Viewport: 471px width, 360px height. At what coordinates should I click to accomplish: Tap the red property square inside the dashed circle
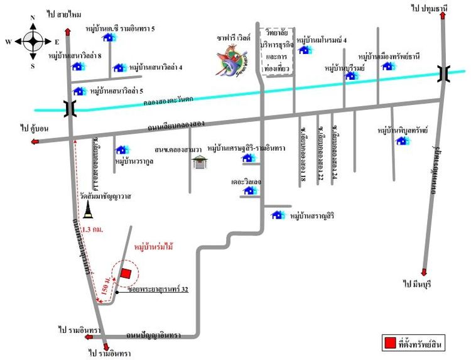point(126,274)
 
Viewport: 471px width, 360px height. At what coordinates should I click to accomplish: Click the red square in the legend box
point(390,343)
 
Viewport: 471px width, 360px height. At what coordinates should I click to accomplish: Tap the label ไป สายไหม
point(65,13)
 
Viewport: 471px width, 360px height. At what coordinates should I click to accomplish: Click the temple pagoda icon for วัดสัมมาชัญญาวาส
point(87,209)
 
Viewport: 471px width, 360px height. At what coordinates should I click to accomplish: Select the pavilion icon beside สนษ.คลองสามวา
point(200,162)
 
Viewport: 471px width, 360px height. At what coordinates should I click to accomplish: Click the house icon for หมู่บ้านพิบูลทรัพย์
point(403,141)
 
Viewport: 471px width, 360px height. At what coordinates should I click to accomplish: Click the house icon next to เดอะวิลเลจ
point(249,190)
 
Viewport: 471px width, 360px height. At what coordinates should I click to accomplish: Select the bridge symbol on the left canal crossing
point(69,109)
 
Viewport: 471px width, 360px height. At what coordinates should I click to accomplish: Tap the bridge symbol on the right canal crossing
point(444,74)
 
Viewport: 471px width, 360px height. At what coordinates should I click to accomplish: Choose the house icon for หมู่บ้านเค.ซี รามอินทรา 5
point(108,37)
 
